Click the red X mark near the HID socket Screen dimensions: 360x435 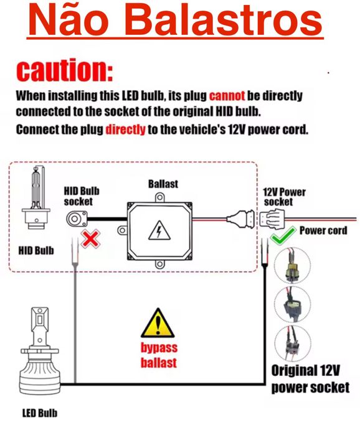point(90,238)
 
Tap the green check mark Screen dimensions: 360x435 point(283,235)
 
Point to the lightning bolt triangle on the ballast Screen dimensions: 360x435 point(159,230)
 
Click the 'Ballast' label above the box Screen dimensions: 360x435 point(163,184)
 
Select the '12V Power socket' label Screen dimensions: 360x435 point(283,197)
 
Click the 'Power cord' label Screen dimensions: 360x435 point(323,230)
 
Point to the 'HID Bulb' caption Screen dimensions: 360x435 point(36,251)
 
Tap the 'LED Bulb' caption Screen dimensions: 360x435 point(40,413)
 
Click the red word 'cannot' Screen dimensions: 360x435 point(227,96)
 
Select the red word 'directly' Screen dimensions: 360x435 point(125,129)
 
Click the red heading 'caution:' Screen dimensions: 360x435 point(65,70)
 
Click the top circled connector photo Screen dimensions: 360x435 point(292,265)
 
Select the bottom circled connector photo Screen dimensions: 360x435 point(292,344)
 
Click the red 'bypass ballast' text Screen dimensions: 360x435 point(159,355)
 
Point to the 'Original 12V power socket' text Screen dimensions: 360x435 point(310,379)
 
